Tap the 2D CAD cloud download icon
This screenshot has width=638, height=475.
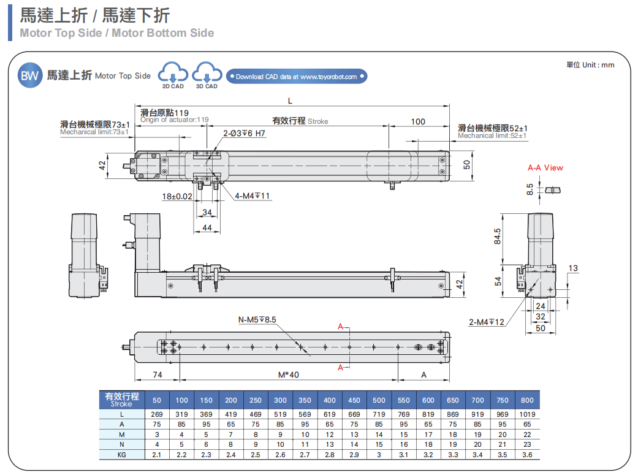(173, 75)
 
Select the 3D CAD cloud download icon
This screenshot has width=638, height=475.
(207, 75)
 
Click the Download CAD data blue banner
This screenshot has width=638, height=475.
(297, 77)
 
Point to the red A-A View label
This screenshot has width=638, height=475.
(545, 167)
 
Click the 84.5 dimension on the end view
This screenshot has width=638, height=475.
(497, 236)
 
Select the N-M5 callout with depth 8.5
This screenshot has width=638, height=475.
(257, 319)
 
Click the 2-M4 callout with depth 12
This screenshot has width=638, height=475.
(487, 322)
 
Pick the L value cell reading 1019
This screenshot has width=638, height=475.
(527, 414)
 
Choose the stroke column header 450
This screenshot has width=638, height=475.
(354, 400)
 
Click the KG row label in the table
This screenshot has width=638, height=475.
(121, 455)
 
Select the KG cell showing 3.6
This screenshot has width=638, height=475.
(527, 455)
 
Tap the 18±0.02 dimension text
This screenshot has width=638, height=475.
(177, 197)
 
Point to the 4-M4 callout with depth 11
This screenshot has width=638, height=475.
(253, 196)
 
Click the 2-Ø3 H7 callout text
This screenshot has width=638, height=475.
(244, 133)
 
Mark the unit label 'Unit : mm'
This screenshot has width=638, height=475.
(590, 65)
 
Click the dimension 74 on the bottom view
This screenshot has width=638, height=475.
(158, 374)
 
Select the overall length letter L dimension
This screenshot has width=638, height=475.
(290, 100)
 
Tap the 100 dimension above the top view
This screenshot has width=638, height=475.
(418, 121)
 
